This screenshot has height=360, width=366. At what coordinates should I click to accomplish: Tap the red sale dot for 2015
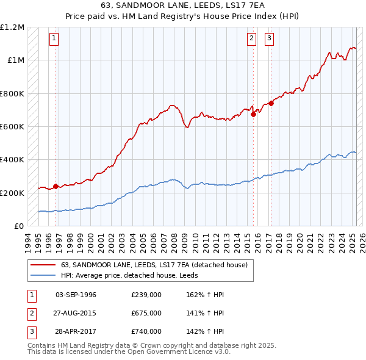tap(253, 113)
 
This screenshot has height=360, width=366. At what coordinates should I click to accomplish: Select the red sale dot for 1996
tap(56, 186)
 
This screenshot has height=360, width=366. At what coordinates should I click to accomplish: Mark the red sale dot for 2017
tap(271, 103)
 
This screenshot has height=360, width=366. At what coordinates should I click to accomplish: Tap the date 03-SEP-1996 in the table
tap(76, 295)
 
